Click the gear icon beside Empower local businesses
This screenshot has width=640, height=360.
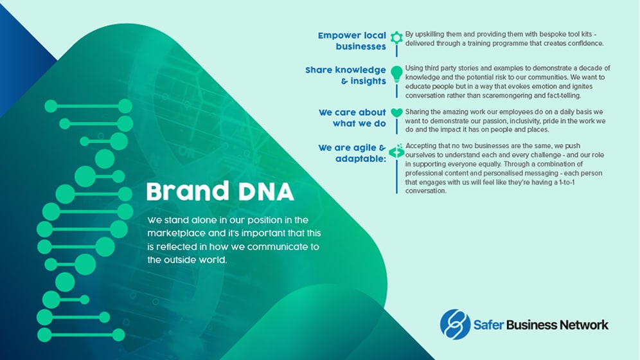pyautogui.click(x=396, y=37)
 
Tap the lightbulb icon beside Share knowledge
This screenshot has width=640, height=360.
pyautogui.click(x=396, y=74)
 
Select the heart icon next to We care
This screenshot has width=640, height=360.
pyautogui.click(x=396, y=113)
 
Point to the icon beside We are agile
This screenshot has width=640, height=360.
pyautogui.click(x=396, y=151)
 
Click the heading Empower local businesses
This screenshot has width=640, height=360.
pyautogui.click(x=352, y=40)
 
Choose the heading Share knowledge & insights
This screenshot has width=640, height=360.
pyautogui.click(x=346, y=75)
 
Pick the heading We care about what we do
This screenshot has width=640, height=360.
pyautogui.click(x=352, y=118)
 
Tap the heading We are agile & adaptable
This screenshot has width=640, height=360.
pyautogui.click(x=352, y=153)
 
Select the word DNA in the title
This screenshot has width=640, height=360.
pyautogui.click(x=266, y=192)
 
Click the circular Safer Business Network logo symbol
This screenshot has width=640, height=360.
pyautogui.click(x=455, y=325)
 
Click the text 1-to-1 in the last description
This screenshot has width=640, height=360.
pyautogui.click(x=565, y=182)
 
